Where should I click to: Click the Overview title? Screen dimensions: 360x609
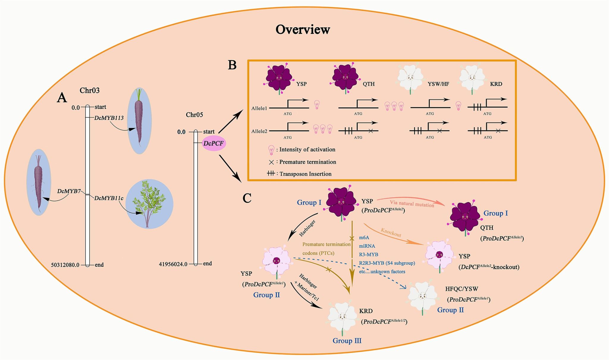303,29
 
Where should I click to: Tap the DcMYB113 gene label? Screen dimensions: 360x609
109,118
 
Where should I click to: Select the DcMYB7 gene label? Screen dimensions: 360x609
69,191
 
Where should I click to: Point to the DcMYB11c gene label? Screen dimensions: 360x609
109,198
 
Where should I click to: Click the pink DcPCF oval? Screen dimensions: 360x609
214,143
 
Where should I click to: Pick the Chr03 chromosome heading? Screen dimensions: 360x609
90,91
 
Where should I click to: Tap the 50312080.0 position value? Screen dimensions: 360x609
65,265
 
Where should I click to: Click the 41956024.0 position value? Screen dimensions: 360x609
173,264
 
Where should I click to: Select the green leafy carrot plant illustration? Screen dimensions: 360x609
149,204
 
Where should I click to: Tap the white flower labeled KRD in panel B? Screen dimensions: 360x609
472,78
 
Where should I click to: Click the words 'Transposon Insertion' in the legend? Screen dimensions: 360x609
305,174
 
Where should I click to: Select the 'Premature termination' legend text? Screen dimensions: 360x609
308,162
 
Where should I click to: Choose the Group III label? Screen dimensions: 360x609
347,341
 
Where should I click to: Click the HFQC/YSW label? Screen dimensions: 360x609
462,288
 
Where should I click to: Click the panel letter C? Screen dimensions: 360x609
247,198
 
